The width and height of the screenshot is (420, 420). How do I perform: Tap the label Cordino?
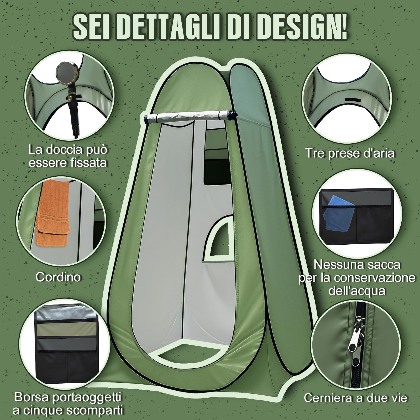click(58, 277)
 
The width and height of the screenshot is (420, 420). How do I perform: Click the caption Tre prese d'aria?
click(349, 153)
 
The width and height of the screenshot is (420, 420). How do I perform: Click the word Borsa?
click(32, 397)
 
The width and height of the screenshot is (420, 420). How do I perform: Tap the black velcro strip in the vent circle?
click(353, 99)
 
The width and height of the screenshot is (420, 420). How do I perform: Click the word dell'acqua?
click(357, 291)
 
